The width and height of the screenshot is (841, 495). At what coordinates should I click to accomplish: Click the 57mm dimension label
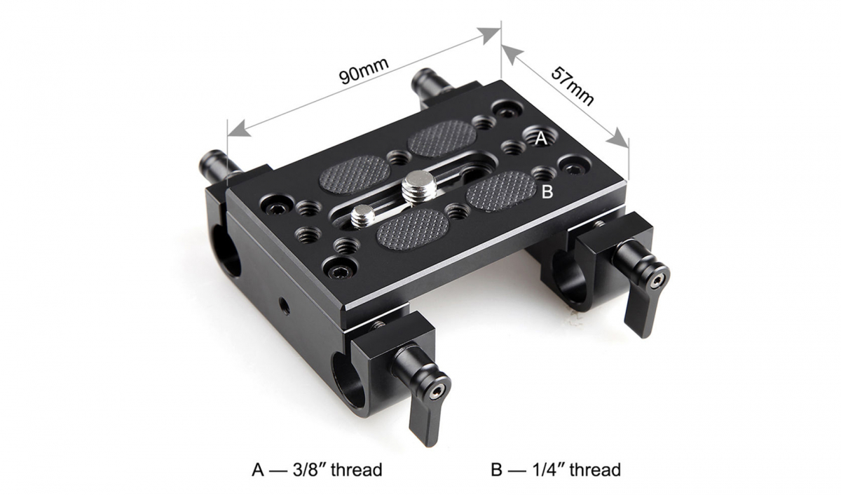point(572,86)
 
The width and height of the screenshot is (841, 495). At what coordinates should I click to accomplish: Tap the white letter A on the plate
point(540,140)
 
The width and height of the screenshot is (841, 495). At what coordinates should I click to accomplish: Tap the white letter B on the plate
point(548,191)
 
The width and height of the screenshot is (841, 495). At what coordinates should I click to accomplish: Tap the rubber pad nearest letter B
point(500,187)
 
